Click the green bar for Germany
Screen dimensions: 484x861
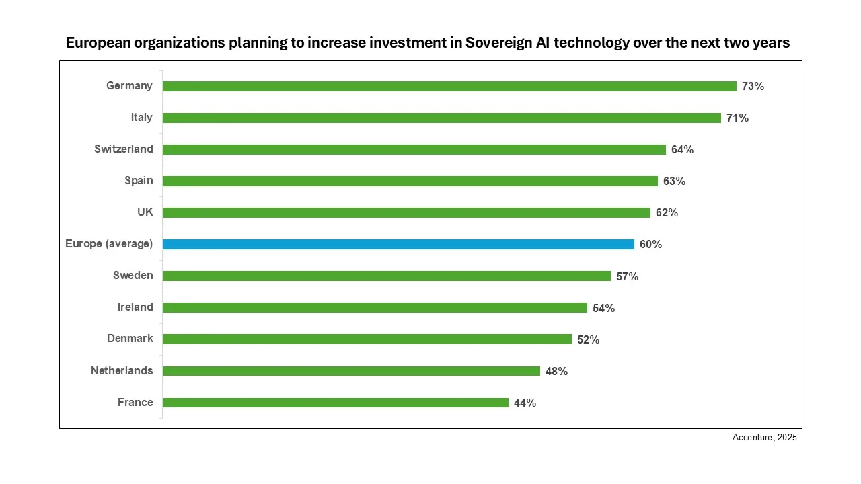(x=449, y=86)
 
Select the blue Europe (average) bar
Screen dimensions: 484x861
(x=398, y=244)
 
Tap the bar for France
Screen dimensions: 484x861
(x=335, y=403)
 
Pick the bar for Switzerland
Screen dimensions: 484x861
(x=414, y=149)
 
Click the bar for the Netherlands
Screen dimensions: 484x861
(x=351, y=371)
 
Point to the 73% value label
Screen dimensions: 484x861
(x=753, y=87)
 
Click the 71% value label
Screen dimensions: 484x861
(x=737, y=118)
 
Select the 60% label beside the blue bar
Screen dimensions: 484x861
(x=650, y=245)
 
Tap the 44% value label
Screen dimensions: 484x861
(x=525, y=403)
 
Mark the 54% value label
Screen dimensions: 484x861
(x=603, y=308)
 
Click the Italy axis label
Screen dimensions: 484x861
(x=141, y=118)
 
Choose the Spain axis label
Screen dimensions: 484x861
(x=139, y=181)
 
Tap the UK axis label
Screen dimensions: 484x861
(x=145, y=212)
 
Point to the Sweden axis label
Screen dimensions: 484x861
(x=133, y=276)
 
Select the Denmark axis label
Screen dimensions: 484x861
(x=130, y=339)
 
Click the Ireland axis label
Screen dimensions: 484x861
(x=135, y=307)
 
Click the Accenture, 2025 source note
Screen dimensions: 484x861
(x=764, y=438)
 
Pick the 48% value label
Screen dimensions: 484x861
(x=556, y=372)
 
